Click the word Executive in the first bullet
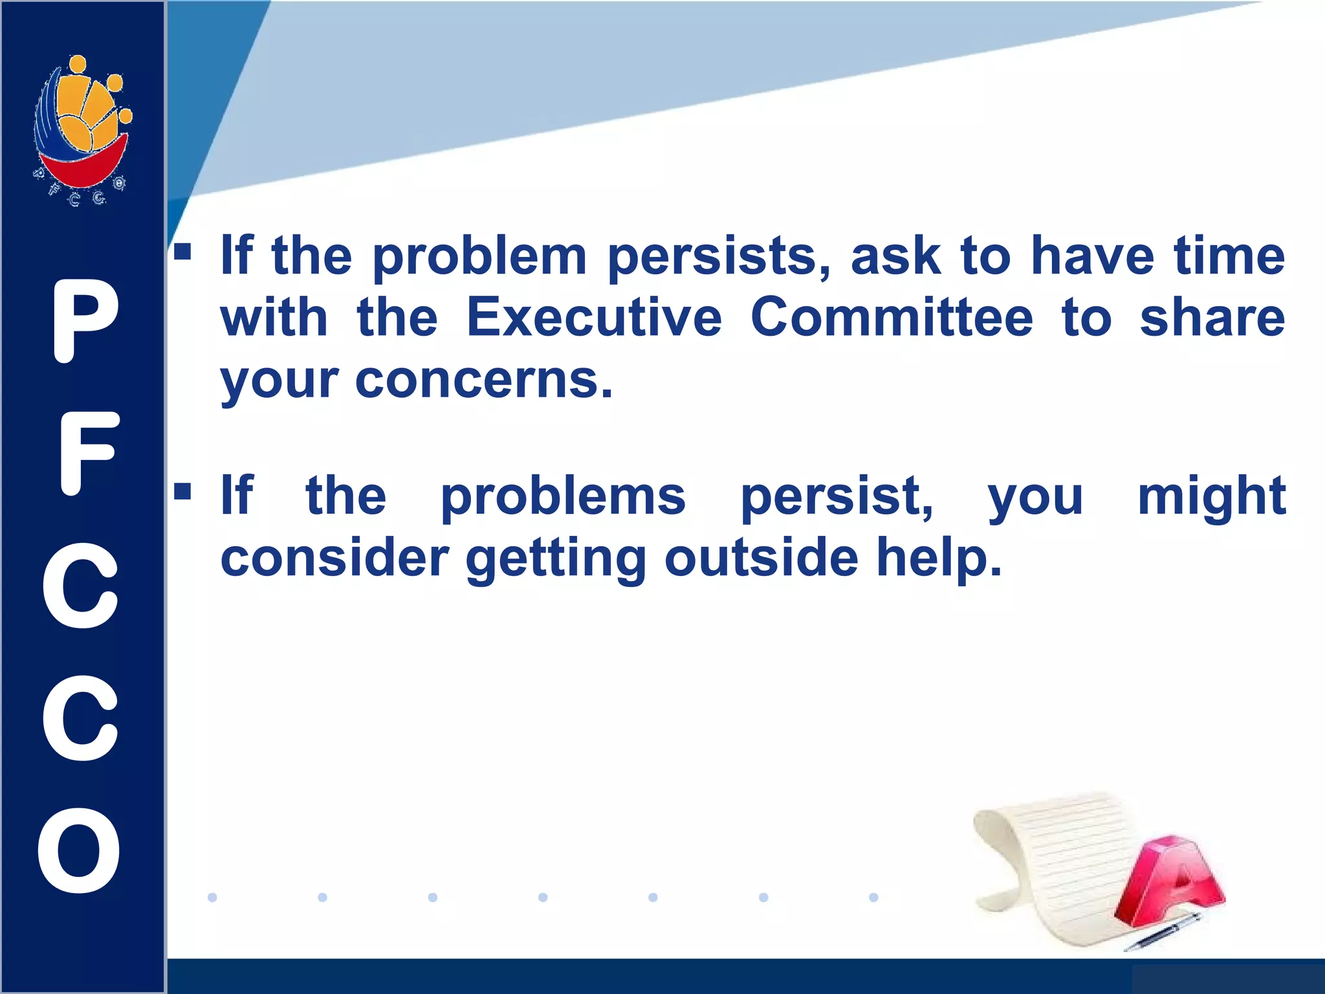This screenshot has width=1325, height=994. coord(594,318)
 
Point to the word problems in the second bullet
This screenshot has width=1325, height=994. coord(563,497)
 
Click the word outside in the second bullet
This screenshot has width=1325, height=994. coord(761,558)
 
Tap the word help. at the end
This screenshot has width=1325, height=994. coord(939,558)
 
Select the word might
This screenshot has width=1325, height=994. coord(1211,497)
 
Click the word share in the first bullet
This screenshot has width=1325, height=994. coord(1212,318)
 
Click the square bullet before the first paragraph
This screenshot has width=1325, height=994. coord(182,251)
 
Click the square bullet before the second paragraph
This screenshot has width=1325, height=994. coord(182,491)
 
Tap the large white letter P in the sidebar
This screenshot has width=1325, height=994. coord(85,322)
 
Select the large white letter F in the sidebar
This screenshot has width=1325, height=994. coord(87,454)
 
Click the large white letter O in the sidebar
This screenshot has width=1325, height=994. coord(80,850)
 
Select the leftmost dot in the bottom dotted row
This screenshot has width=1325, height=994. coord(212,897)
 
